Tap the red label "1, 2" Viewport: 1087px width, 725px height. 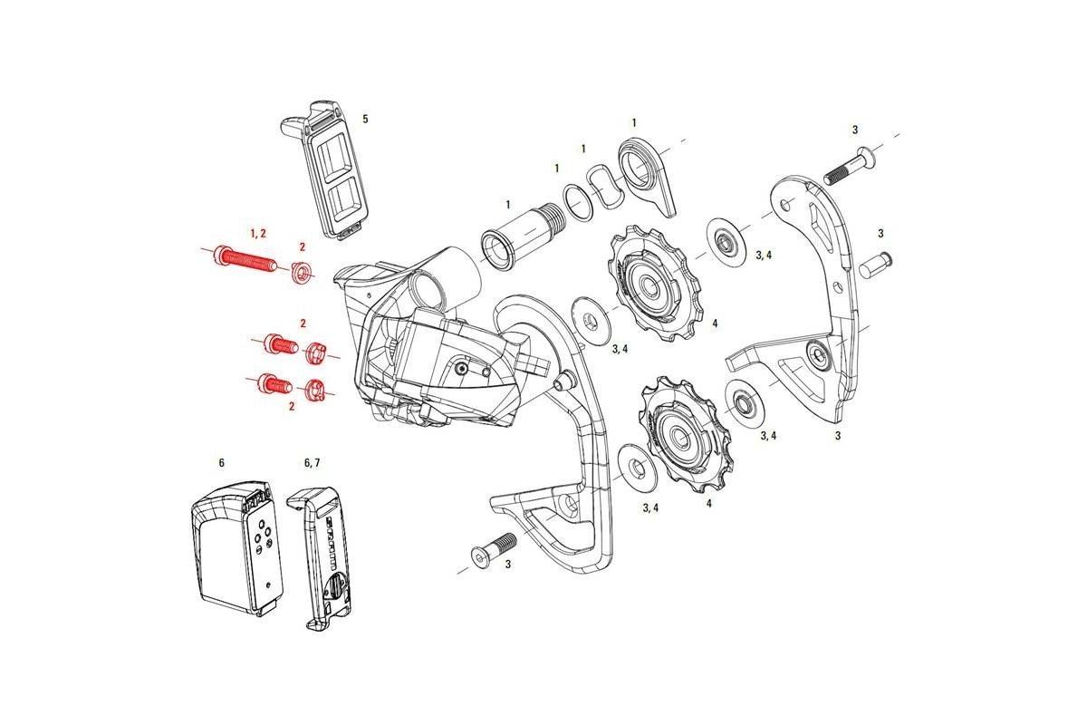[x=257, y=234]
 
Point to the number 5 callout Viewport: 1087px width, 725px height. [x=365, y=119]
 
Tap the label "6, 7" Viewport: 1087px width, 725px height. [x=312, y=462]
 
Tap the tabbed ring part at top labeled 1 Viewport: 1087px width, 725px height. [x=645, y=171]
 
